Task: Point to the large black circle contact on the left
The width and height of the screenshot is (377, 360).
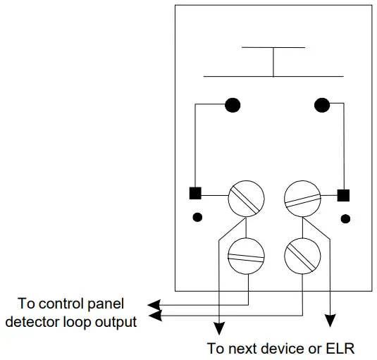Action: click(232, 106)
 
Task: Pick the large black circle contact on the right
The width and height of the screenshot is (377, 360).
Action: click(322, 106)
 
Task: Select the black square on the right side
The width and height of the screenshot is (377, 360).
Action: click(344, 194)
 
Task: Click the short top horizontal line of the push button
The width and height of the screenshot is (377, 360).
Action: click(273, 48)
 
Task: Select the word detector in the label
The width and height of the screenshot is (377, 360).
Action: click(50, 322)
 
